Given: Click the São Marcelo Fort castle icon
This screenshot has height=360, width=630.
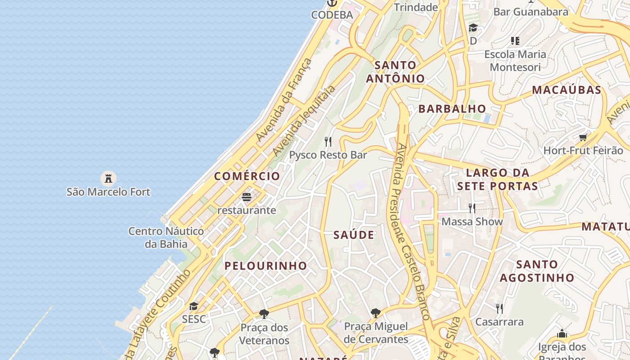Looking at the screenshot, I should point(108,178).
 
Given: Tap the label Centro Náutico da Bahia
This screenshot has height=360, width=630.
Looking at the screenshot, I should point(166,238).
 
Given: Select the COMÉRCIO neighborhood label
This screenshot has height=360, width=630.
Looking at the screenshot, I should point(247,176).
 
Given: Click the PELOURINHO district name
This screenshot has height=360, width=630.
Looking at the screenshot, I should point(265,265).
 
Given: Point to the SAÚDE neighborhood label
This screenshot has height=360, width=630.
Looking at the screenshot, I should point(354,234).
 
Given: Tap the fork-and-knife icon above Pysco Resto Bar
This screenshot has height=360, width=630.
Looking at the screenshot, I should point(328,142).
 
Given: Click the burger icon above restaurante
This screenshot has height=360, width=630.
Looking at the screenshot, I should point(246,197).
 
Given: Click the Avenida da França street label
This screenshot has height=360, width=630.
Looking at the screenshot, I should point(284,100).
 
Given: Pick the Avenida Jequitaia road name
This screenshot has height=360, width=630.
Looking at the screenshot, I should point(304,121).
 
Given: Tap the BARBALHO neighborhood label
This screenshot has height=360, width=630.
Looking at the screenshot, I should point(452,108).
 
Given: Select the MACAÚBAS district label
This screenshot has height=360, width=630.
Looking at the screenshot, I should point(567,90).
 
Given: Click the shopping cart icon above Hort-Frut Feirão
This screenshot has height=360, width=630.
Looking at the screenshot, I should point(583,137).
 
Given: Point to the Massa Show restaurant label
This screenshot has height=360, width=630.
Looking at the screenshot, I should point(472,221).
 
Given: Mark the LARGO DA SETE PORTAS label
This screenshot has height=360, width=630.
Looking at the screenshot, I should point(497,179).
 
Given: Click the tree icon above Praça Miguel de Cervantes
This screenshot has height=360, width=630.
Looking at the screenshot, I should point(376,313).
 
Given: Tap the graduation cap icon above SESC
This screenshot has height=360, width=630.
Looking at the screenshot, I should point(193,306).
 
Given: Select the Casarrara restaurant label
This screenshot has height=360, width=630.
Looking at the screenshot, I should point(499,322).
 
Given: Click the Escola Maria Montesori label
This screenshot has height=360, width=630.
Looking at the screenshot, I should point(515,61).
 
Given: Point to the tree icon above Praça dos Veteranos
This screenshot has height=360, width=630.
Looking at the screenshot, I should point(264,314).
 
